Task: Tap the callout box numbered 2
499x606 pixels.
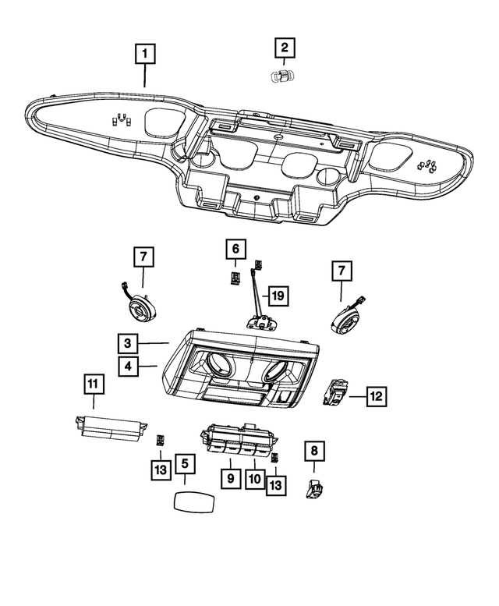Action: (x=284, y=48)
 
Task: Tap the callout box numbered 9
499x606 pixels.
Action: (x=231, y=475)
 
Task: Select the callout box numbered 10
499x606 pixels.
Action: (x=254, y=475)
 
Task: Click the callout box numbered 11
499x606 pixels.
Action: (x=93, y=384)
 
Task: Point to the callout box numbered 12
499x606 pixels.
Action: (x=376, y=396)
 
